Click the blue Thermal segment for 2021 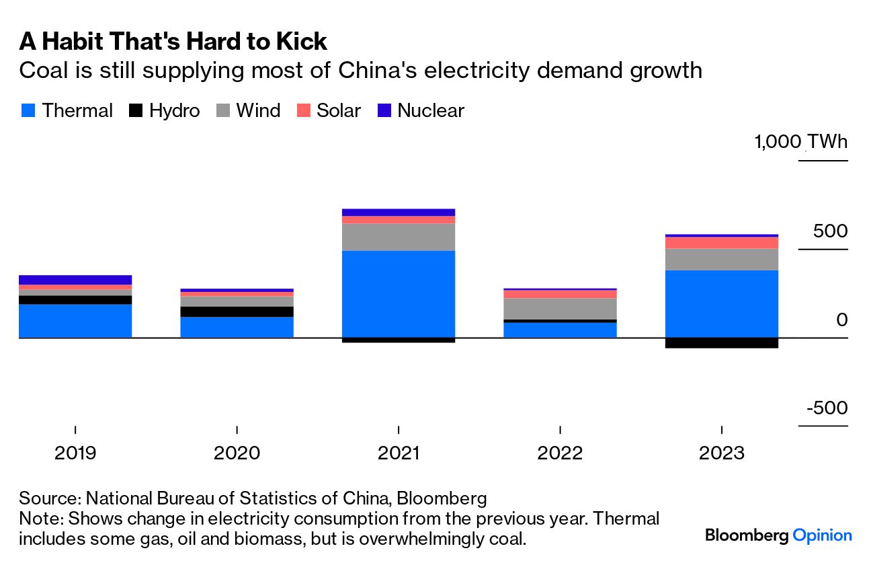399,294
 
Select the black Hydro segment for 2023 721,343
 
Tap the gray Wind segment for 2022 560,309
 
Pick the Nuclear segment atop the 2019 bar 75,280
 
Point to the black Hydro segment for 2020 237,311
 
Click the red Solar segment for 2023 721,243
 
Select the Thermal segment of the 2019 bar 75,321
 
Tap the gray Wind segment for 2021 399,237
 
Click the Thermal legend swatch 27,111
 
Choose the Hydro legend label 174,111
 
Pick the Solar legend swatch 303,111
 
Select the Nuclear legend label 431,111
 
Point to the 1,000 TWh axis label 801,143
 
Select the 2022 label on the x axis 560,453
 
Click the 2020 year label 237,453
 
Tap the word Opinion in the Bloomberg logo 822,535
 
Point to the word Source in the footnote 48,499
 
